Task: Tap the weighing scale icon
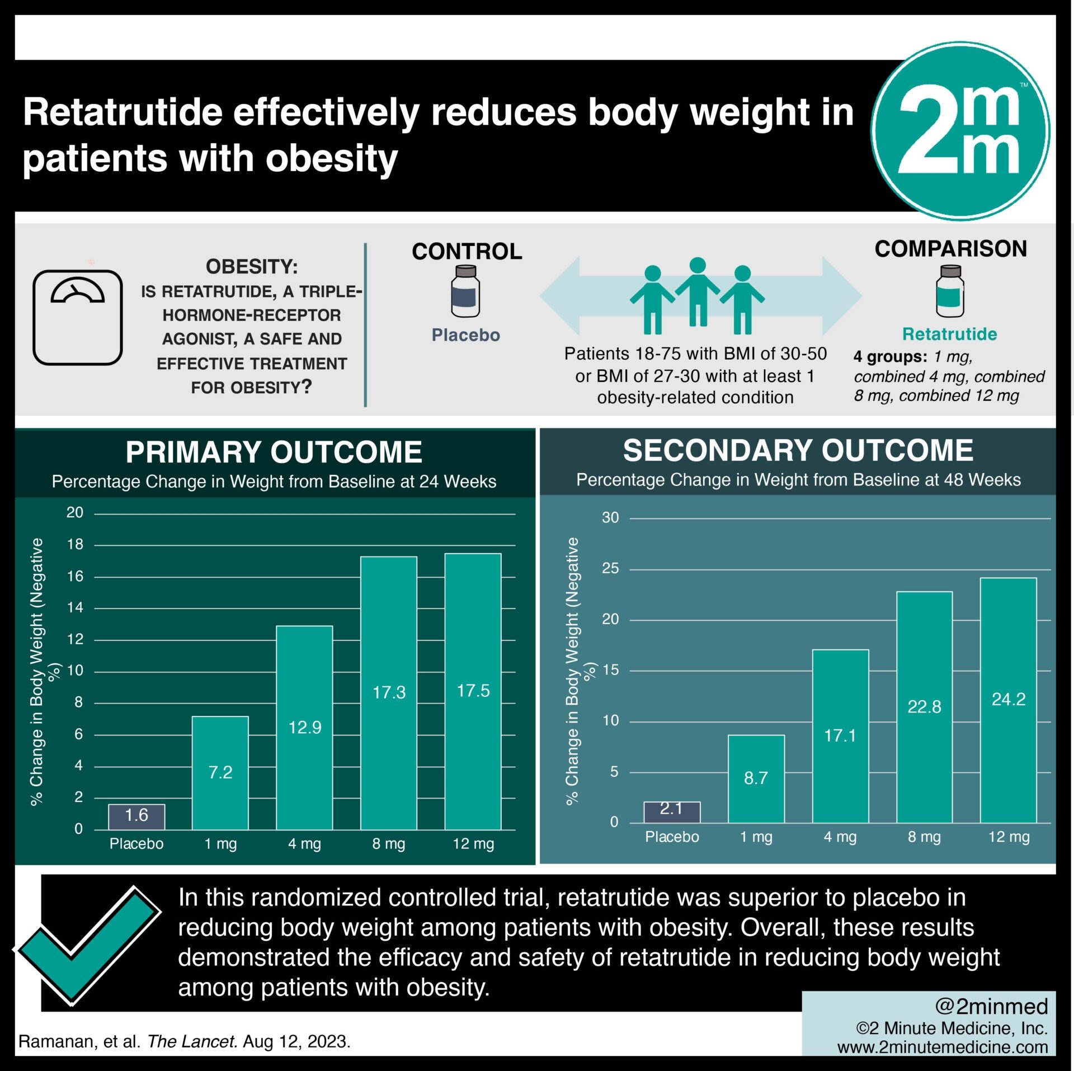[x=78, y=317]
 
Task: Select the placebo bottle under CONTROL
[x=465, y=291]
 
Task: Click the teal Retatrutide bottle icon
[x=950, y=291]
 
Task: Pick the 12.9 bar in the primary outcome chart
[x=304, y=727]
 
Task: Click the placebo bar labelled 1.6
[x=136, y=816]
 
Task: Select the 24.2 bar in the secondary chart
[x=1008, y=700]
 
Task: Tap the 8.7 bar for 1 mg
[x=756, y=778]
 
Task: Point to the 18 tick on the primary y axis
[x=75, y=544]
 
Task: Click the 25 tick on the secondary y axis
[x=610, y=569]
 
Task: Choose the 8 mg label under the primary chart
[x=389, y=844]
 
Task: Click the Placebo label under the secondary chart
[x=672, y=837]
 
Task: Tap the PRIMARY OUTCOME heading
[x=274, y=452]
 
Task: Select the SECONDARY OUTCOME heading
[x=798, y=451]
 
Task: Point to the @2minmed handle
[x=991, y=1007]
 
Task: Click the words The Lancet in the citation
[x=192, y=1042]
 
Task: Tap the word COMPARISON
[x=950, y=249]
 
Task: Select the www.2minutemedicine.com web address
[x=943, y=1048]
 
